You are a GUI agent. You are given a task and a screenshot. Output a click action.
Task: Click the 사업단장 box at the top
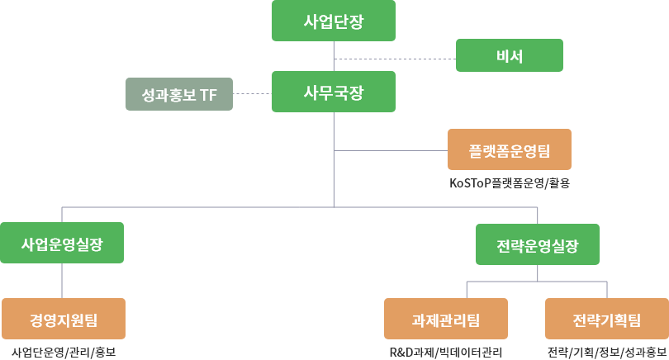click(x=333, y=21)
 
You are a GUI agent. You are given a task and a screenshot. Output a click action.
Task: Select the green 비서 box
click(x=510, y=56)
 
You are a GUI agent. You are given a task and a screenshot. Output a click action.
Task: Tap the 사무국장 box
click(x=333, y=92)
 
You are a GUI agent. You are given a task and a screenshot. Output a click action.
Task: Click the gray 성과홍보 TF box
click(x=178, y=95)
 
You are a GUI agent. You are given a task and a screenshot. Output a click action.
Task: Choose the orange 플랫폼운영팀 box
click(x=509, y=150)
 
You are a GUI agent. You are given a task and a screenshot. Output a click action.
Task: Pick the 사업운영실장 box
click(x=62, y=244)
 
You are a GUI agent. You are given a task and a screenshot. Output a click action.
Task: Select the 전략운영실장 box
click(x=538, y=244)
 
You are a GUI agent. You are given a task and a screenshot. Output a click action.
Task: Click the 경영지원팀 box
click(x=64, y=319)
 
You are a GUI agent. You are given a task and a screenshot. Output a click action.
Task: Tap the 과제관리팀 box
click(x=445, y=319)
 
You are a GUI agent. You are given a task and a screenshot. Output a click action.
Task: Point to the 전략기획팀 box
click(x=606, y=319)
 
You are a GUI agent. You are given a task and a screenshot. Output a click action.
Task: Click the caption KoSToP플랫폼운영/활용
click(x=510, y=183)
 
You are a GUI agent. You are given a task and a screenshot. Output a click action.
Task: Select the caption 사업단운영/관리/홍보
click(x=64, y=353)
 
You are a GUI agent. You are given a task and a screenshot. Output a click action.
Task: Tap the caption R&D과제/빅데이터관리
click(x=445, y=353)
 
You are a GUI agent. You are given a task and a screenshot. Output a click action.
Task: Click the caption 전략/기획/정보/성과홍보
click(x=606, y=353)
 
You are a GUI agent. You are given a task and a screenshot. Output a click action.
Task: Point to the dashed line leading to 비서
click(x=395, y=59)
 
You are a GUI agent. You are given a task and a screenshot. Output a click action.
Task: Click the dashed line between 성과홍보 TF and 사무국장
click(x=252, y=94)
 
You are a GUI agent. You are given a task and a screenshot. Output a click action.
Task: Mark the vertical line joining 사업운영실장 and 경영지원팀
click(x=63, y=282)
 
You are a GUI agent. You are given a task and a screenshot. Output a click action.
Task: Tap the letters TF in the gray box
click(x=208, y=95)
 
